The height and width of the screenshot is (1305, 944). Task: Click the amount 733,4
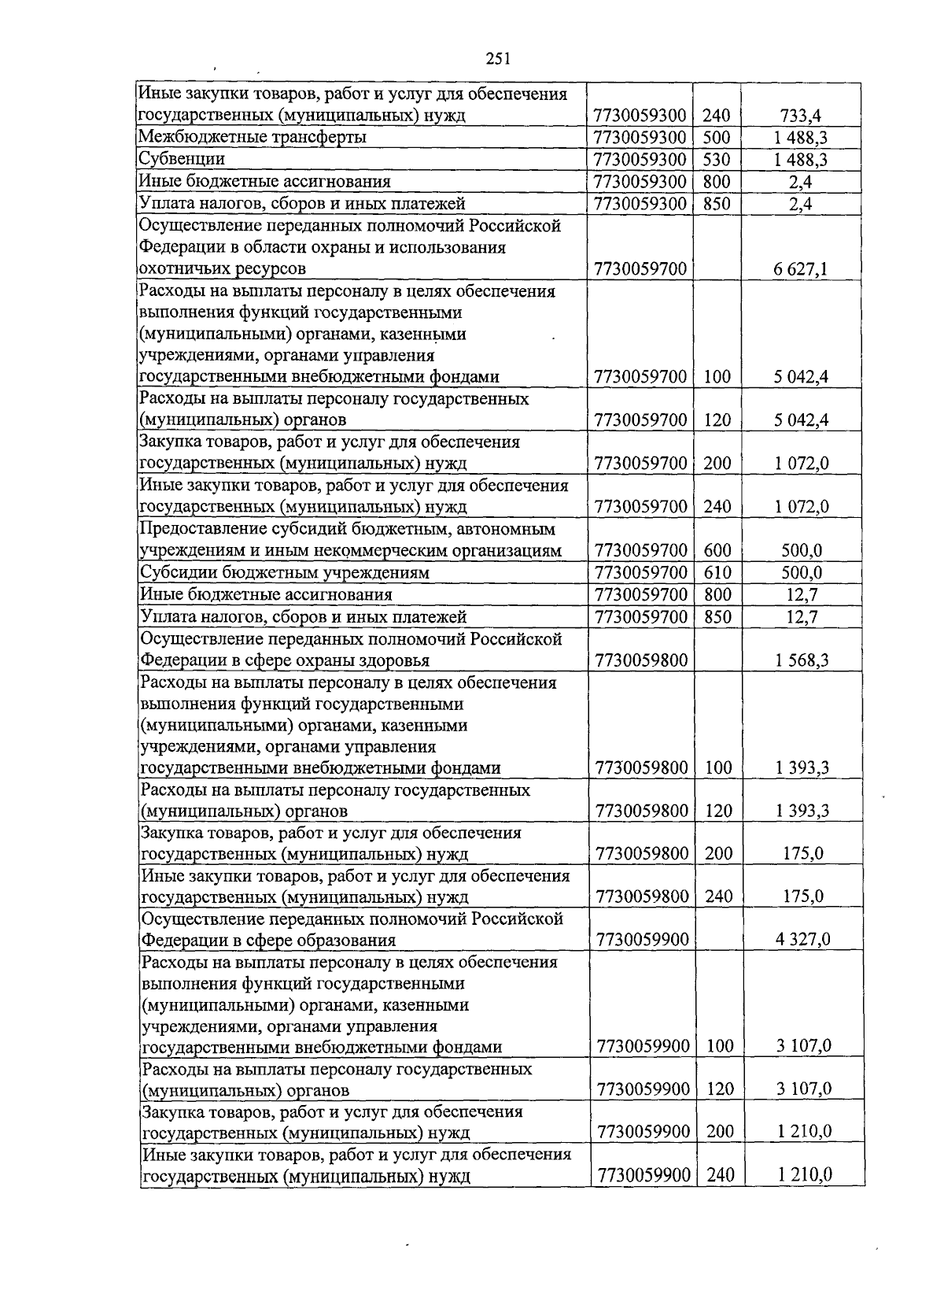pos(801,116)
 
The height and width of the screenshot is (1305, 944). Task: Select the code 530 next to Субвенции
pos(717,160)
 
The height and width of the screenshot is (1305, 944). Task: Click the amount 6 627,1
pos(801,270)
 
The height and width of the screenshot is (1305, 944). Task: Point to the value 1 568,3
pos(801,660)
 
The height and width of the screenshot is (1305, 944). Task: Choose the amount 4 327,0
pos(802,940)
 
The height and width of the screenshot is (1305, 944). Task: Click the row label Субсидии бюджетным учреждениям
pos(284,573)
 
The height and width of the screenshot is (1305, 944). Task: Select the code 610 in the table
pos(717,572)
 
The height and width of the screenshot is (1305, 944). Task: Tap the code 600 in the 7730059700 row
pos(717,550)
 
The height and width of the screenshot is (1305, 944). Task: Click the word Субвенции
pos(182,160)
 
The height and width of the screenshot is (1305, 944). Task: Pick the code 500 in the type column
pos(717,138)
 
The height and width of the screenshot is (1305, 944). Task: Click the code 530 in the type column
pos(717,160)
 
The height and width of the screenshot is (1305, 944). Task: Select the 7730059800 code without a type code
pos(642,660)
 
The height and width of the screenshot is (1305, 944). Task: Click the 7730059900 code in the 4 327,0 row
pos(643,940)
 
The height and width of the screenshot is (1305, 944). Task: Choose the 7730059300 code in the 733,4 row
pos(641,116)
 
